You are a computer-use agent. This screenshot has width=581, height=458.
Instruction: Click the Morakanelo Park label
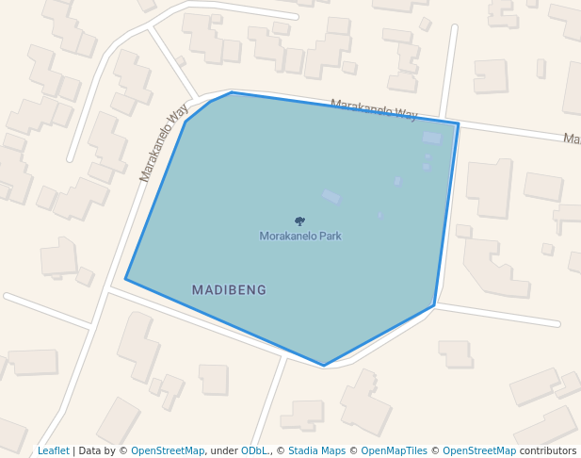pyautogui.click(x=300, y=236)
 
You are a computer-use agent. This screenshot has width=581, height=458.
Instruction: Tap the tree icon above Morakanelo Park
pyautogui.click(x=299, y=221)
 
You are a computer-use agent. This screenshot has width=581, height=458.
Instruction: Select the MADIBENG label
pyautogui.click(x=229, y=290)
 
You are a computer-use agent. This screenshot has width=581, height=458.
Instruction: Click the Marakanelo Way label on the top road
pyautogui.click(x=373, y=110)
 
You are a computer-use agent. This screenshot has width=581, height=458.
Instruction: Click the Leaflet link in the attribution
pyautogui.click(x=54, y=450)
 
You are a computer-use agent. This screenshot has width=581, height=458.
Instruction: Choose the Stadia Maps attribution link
pyautogui.click(x=316, y=450)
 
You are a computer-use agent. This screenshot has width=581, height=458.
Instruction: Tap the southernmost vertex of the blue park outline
pyautogui.click(x=324, y=366)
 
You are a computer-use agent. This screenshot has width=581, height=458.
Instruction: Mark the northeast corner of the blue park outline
pyautogui.click(x=458, y=123)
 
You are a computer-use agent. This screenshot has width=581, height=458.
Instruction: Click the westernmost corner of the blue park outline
pyautogui.click(x=126, y=279)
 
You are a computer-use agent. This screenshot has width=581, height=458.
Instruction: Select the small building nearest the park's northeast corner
pyautogui.click(x=432, y=139)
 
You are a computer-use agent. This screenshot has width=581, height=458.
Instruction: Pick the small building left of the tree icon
pyautogui.click(x=331, y=196)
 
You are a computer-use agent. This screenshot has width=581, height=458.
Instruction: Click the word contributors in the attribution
pyautogui.click(x=548, y=450)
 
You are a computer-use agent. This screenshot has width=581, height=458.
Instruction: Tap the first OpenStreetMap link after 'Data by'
pyautogui.click(x=168, y=450)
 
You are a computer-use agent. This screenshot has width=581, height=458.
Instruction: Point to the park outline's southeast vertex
pyautogui.click(x=434, y=305)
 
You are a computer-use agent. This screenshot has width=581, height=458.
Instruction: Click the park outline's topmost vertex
pyautogui.click(x=232, y=92)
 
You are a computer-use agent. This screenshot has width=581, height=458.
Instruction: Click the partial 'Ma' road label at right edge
pyautogui.click(x=572, y=139)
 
